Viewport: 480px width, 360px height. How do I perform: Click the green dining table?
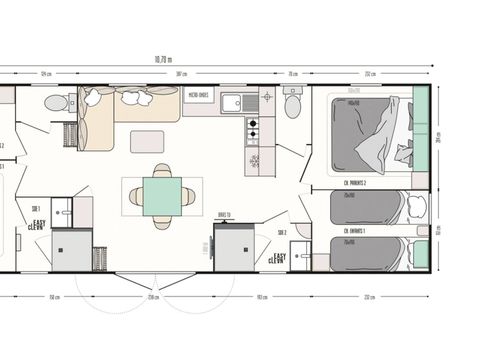pos(162,196)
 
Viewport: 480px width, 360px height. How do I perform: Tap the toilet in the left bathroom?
pos(56,102)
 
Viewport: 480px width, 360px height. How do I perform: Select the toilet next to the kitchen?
pos(292,104)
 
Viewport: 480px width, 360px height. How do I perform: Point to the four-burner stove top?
pos(252,129)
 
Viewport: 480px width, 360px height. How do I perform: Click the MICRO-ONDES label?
pos(198,96)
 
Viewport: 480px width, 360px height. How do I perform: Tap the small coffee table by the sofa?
pos(146,142)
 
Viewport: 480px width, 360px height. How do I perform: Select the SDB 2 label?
pos(281,232)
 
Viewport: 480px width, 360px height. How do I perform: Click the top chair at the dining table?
pos(162,170)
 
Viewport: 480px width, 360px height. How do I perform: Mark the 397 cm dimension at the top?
pos(181,73)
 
